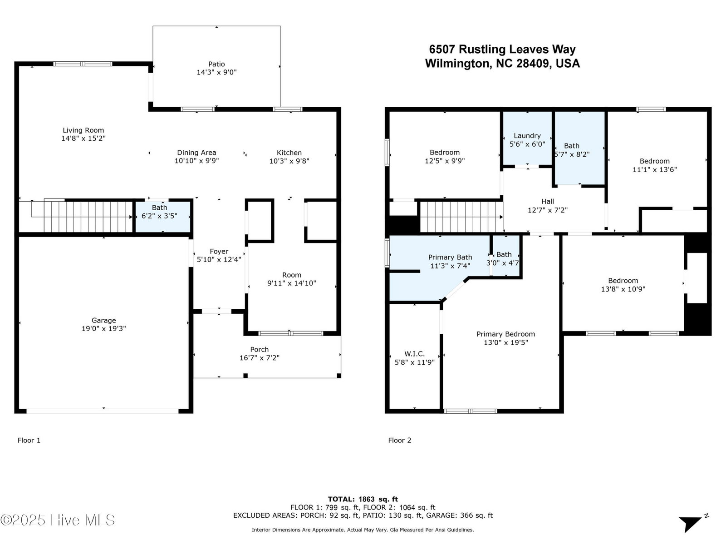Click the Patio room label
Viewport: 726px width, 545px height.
216,64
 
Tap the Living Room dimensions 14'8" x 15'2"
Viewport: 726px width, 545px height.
83,139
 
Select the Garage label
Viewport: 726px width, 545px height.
104,320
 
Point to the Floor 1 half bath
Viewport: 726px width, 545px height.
163,217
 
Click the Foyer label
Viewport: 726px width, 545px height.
219,252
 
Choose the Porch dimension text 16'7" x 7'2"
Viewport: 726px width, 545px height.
260,358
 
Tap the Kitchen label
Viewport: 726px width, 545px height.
289,153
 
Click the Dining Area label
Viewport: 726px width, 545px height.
197,153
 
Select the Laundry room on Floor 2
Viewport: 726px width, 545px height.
527,138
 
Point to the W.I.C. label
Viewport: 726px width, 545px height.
414,354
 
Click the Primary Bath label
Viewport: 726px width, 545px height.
450,257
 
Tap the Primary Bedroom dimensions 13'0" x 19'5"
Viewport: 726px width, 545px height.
506,342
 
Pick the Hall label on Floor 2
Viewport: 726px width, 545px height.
548,202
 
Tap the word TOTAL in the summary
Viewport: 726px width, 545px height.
341,499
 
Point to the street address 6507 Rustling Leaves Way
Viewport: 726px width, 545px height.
502,50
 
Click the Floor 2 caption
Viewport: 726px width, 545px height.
400,440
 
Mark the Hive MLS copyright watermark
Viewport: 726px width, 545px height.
58,520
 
